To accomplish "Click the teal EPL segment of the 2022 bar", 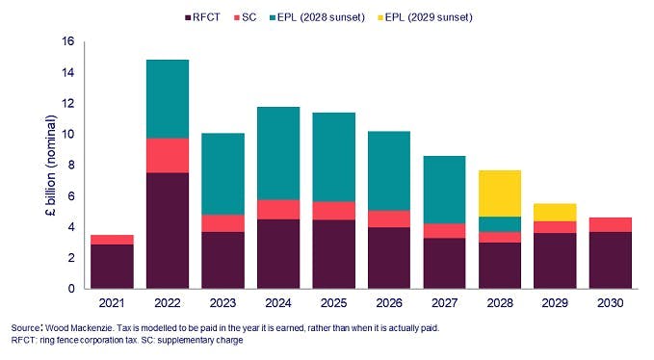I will click(x=167, y=99).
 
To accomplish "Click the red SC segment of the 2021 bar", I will click(x=111, y=240).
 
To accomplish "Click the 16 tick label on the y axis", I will click(x=67, y=42).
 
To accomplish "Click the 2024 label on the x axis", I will click(x=279, y=302).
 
